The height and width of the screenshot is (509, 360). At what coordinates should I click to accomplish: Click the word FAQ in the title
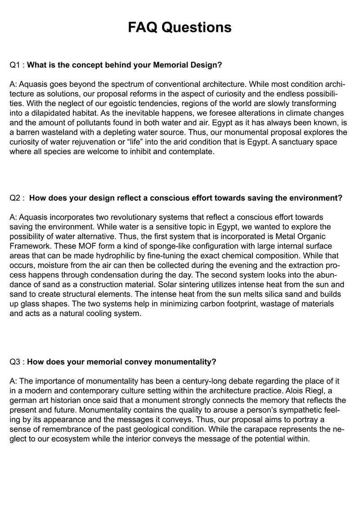click(x=143, y=27)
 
